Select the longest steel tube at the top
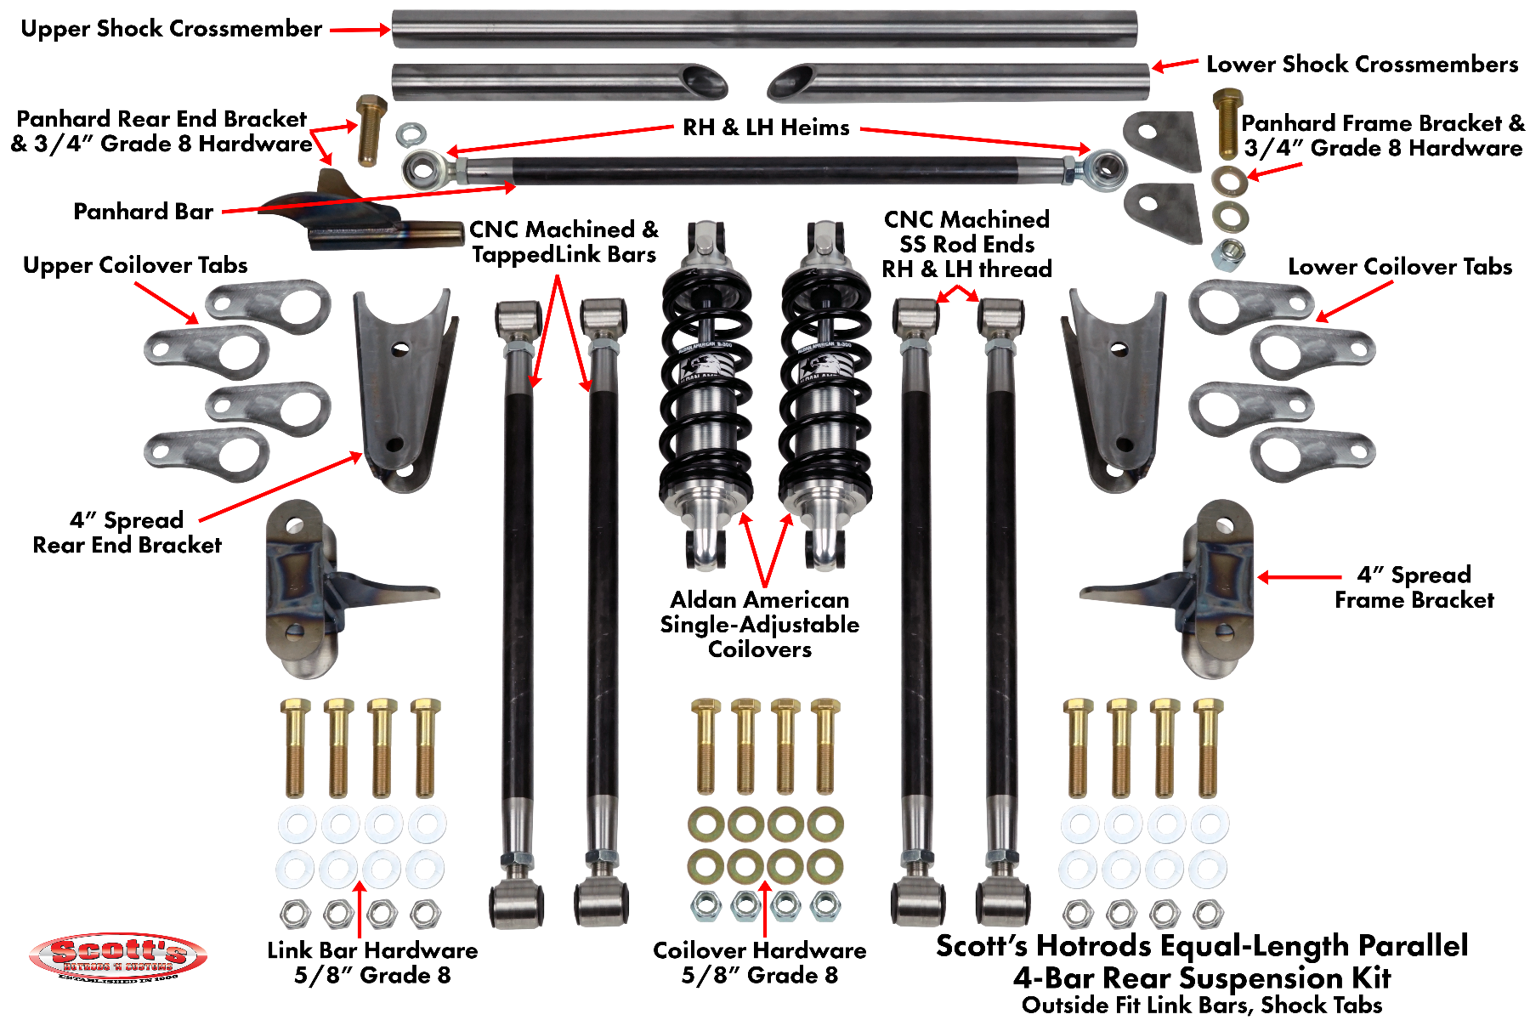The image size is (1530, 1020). [x=763, y=29]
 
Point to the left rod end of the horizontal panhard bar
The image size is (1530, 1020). [x=422, y=169]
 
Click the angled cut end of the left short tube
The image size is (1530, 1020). [x=705, y=82]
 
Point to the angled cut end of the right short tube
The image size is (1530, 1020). [x=790, y=82]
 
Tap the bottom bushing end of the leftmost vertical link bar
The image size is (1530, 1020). [x=516, y=903]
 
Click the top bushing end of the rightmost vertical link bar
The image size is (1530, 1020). [x=1000, y=317]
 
